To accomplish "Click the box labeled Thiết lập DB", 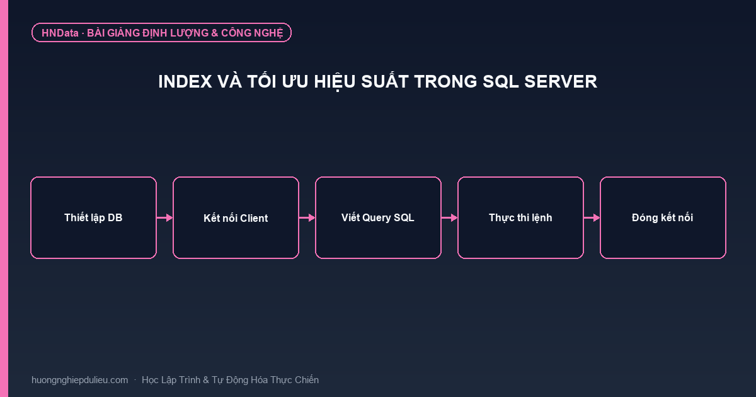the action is tap(93, 218).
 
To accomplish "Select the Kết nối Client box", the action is tap(236, 218).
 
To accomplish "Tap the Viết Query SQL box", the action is tap(378, 218).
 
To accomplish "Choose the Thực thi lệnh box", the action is tap(520, 218).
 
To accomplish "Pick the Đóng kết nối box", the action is tap(663, 218).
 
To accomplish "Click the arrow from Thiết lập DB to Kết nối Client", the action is tap(164, 218).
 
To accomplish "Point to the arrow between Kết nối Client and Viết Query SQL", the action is tap(307, 218).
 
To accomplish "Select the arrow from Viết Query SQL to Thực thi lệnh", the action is tap(450, 218).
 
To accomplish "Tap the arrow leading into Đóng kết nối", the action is tap(592, 218).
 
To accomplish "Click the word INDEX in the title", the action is tap(185, 82).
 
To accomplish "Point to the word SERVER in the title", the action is tap(561, 82).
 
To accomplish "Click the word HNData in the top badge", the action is tap(60, 33).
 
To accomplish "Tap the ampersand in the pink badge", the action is tap(215, 33).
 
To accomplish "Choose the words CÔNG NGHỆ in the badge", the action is tap(252, 33).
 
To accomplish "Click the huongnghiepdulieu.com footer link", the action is tap(79, 380).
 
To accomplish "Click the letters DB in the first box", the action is tap(115, 218).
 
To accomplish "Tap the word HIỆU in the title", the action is tap(335, 82).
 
